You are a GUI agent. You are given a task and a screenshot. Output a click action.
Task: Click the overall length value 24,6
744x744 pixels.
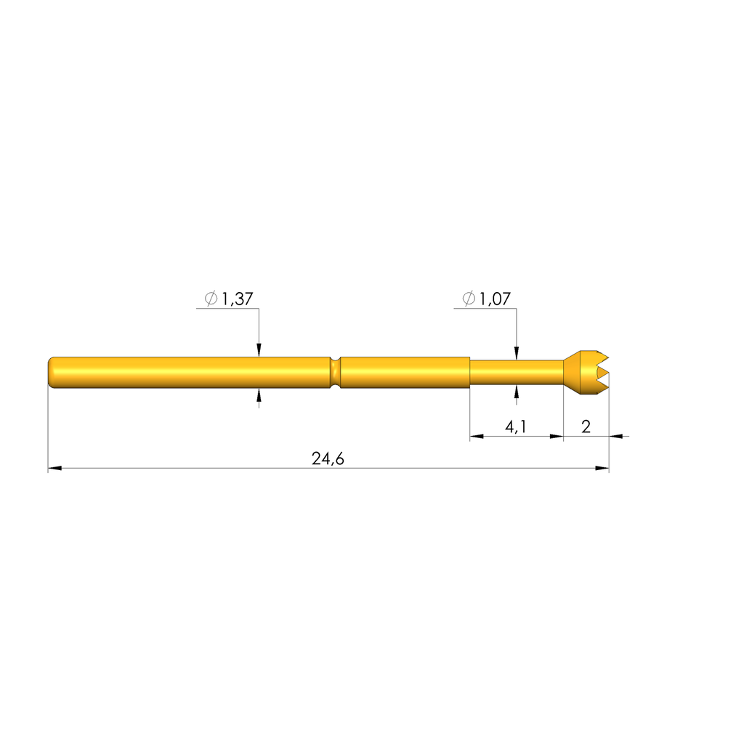[x=327, y=458]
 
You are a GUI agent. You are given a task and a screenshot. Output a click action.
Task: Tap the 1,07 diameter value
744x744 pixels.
[x=495, y=299]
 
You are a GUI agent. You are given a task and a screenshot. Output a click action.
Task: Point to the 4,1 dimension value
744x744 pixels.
[x=516, y=426]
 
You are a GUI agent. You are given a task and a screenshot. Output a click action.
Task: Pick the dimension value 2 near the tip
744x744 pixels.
[x=586, y=426]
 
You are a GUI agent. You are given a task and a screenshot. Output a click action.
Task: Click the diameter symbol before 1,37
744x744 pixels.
[x=211, y=299]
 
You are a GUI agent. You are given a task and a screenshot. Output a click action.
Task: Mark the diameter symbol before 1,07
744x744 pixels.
[x=469, y=299]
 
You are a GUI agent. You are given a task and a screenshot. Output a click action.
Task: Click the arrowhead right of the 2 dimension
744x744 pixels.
[x=616, y=437]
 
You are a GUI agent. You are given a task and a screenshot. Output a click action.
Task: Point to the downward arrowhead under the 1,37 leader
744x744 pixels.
[x=259, y=352]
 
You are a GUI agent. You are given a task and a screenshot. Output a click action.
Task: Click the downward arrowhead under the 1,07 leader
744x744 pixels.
[x=517, y=355]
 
